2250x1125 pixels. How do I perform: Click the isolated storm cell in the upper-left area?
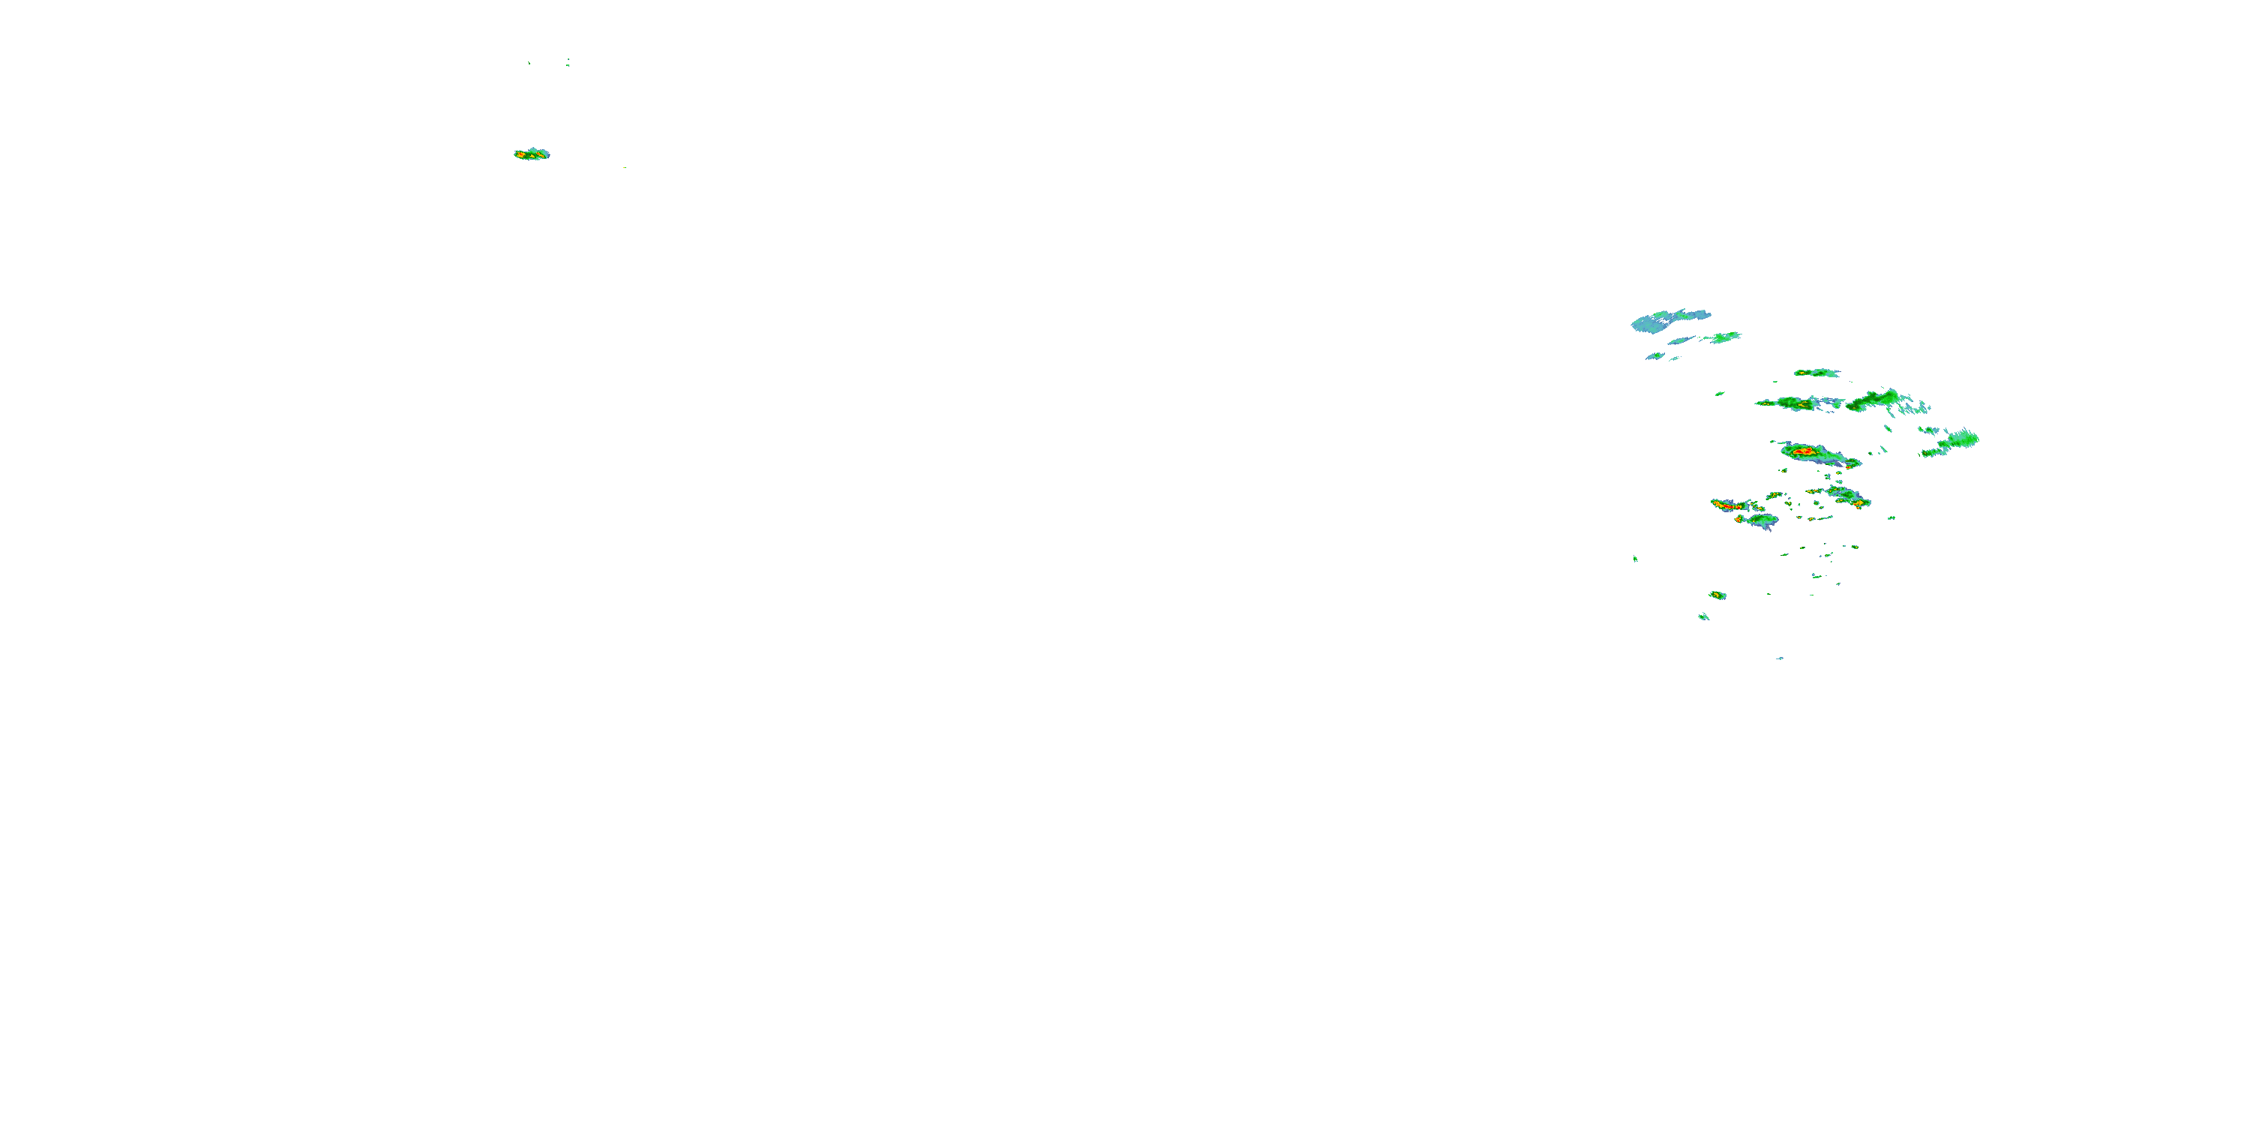531,154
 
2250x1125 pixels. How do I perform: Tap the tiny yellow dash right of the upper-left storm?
624,166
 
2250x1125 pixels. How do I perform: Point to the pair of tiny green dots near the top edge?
568,61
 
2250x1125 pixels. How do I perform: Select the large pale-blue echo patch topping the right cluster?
1664,319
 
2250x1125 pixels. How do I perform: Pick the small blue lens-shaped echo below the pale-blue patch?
1654,355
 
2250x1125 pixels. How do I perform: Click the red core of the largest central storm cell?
1804,451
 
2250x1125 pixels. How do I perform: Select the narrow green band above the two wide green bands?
1816,373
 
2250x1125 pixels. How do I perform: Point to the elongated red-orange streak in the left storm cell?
1725,505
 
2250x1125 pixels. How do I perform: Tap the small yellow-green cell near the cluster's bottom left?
1717,595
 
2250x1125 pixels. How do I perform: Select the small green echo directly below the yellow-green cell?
1703,616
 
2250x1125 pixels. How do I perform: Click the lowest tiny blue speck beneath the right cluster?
1779,658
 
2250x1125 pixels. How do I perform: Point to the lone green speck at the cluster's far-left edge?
1635,558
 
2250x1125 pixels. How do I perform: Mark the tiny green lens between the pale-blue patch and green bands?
1719,394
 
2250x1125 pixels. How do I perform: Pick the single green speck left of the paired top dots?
529,63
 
